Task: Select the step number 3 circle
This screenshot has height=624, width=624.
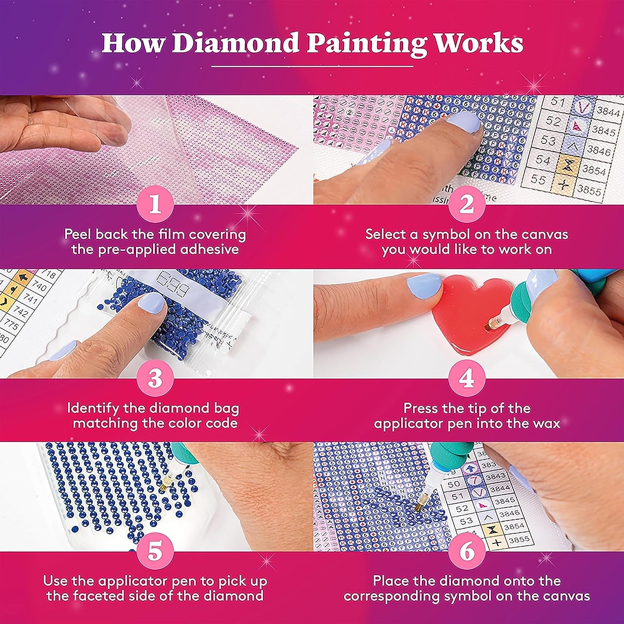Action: click(155, 379)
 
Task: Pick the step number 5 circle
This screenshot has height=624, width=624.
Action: click(155, 552)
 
